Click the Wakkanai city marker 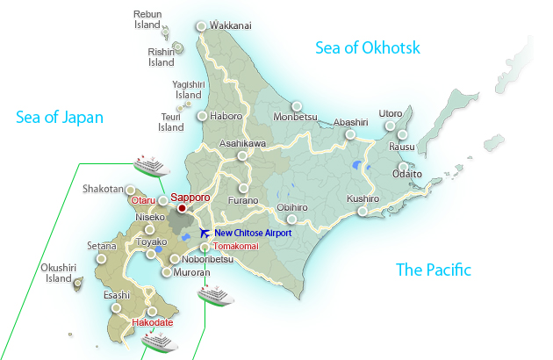click(202, 26)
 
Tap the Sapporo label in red click(190, 198)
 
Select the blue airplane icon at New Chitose click(205, 233)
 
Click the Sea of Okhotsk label click(368, 47)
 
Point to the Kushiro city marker click(363, 211)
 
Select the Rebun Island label click(147, 20)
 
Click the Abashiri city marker click(350, 134)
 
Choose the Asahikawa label click(241, 143)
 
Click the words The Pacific click(434, 270)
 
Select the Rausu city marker click(402, 135)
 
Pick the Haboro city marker click(202, 116)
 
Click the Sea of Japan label click(60, 117)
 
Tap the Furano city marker click(243, 188)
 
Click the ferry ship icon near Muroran click(216, 294)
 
